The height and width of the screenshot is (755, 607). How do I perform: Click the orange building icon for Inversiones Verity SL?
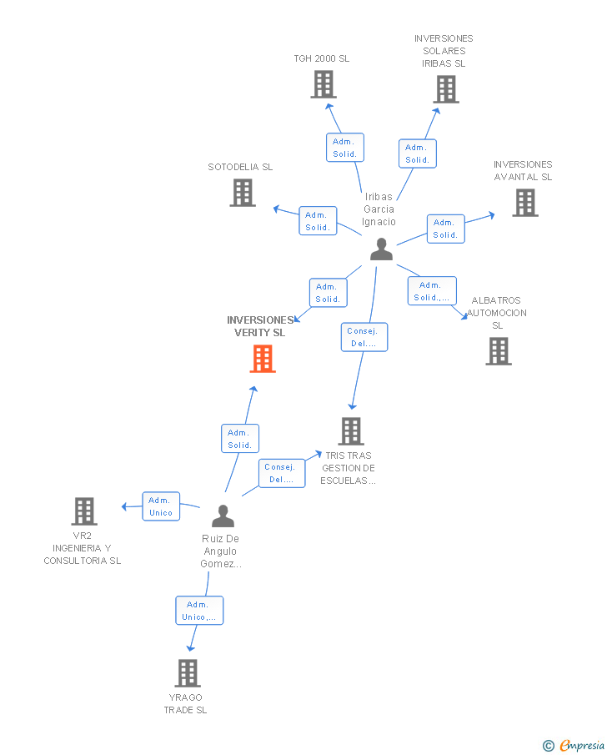[x=263, y=358]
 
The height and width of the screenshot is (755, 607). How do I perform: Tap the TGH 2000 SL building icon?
[x=324, y=84]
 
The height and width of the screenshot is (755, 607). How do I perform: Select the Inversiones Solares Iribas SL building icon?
[x=446, y=89]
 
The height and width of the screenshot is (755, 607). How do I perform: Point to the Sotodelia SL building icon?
[x=243, y=193]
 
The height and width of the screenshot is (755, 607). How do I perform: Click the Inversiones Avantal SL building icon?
[x=525, y=203]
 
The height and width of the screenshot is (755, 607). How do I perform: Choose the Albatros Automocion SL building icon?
[x=499, y=351]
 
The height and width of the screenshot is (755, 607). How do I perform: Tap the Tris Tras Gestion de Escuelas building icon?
[x=351, y=431]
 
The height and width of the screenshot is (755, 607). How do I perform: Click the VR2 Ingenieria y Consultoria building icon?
[x=84, y=511]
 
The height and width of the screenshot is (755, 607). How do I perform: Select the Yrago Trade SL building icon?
[x=188, y=673]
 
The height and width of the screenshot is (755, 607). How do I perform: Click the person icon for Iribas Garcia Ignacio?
[x=382, y=249]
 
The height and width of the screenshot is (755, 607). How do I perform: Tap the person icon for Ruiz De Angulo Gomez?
[x=222, y=516]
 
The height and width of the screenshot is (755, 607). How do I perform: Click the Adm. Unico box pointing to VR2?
[x=161, y=506]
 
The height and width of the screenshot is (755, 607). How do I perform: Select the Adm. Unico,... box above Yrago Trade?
[x=199, y=611]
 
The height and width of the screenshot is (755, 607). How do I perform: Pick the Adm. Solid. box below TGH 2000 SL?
[x=344, y=148]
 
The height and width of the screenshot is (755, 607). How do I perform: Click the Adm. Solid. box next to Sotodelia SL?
[x=318, y=221]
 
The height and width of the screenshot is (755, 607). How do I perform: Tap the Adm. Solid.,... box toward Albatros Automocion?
[x=432, y=291]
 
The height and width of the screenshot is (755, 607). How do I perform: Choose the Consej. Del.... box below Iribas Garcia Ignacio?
[x=364, y=337]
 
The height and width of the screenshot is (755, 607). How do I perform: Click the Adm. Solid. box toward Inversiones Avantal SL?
[x=445, y=229]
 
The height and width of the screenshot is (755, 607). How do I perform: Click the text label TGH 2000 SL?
[x=322, y=58]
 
